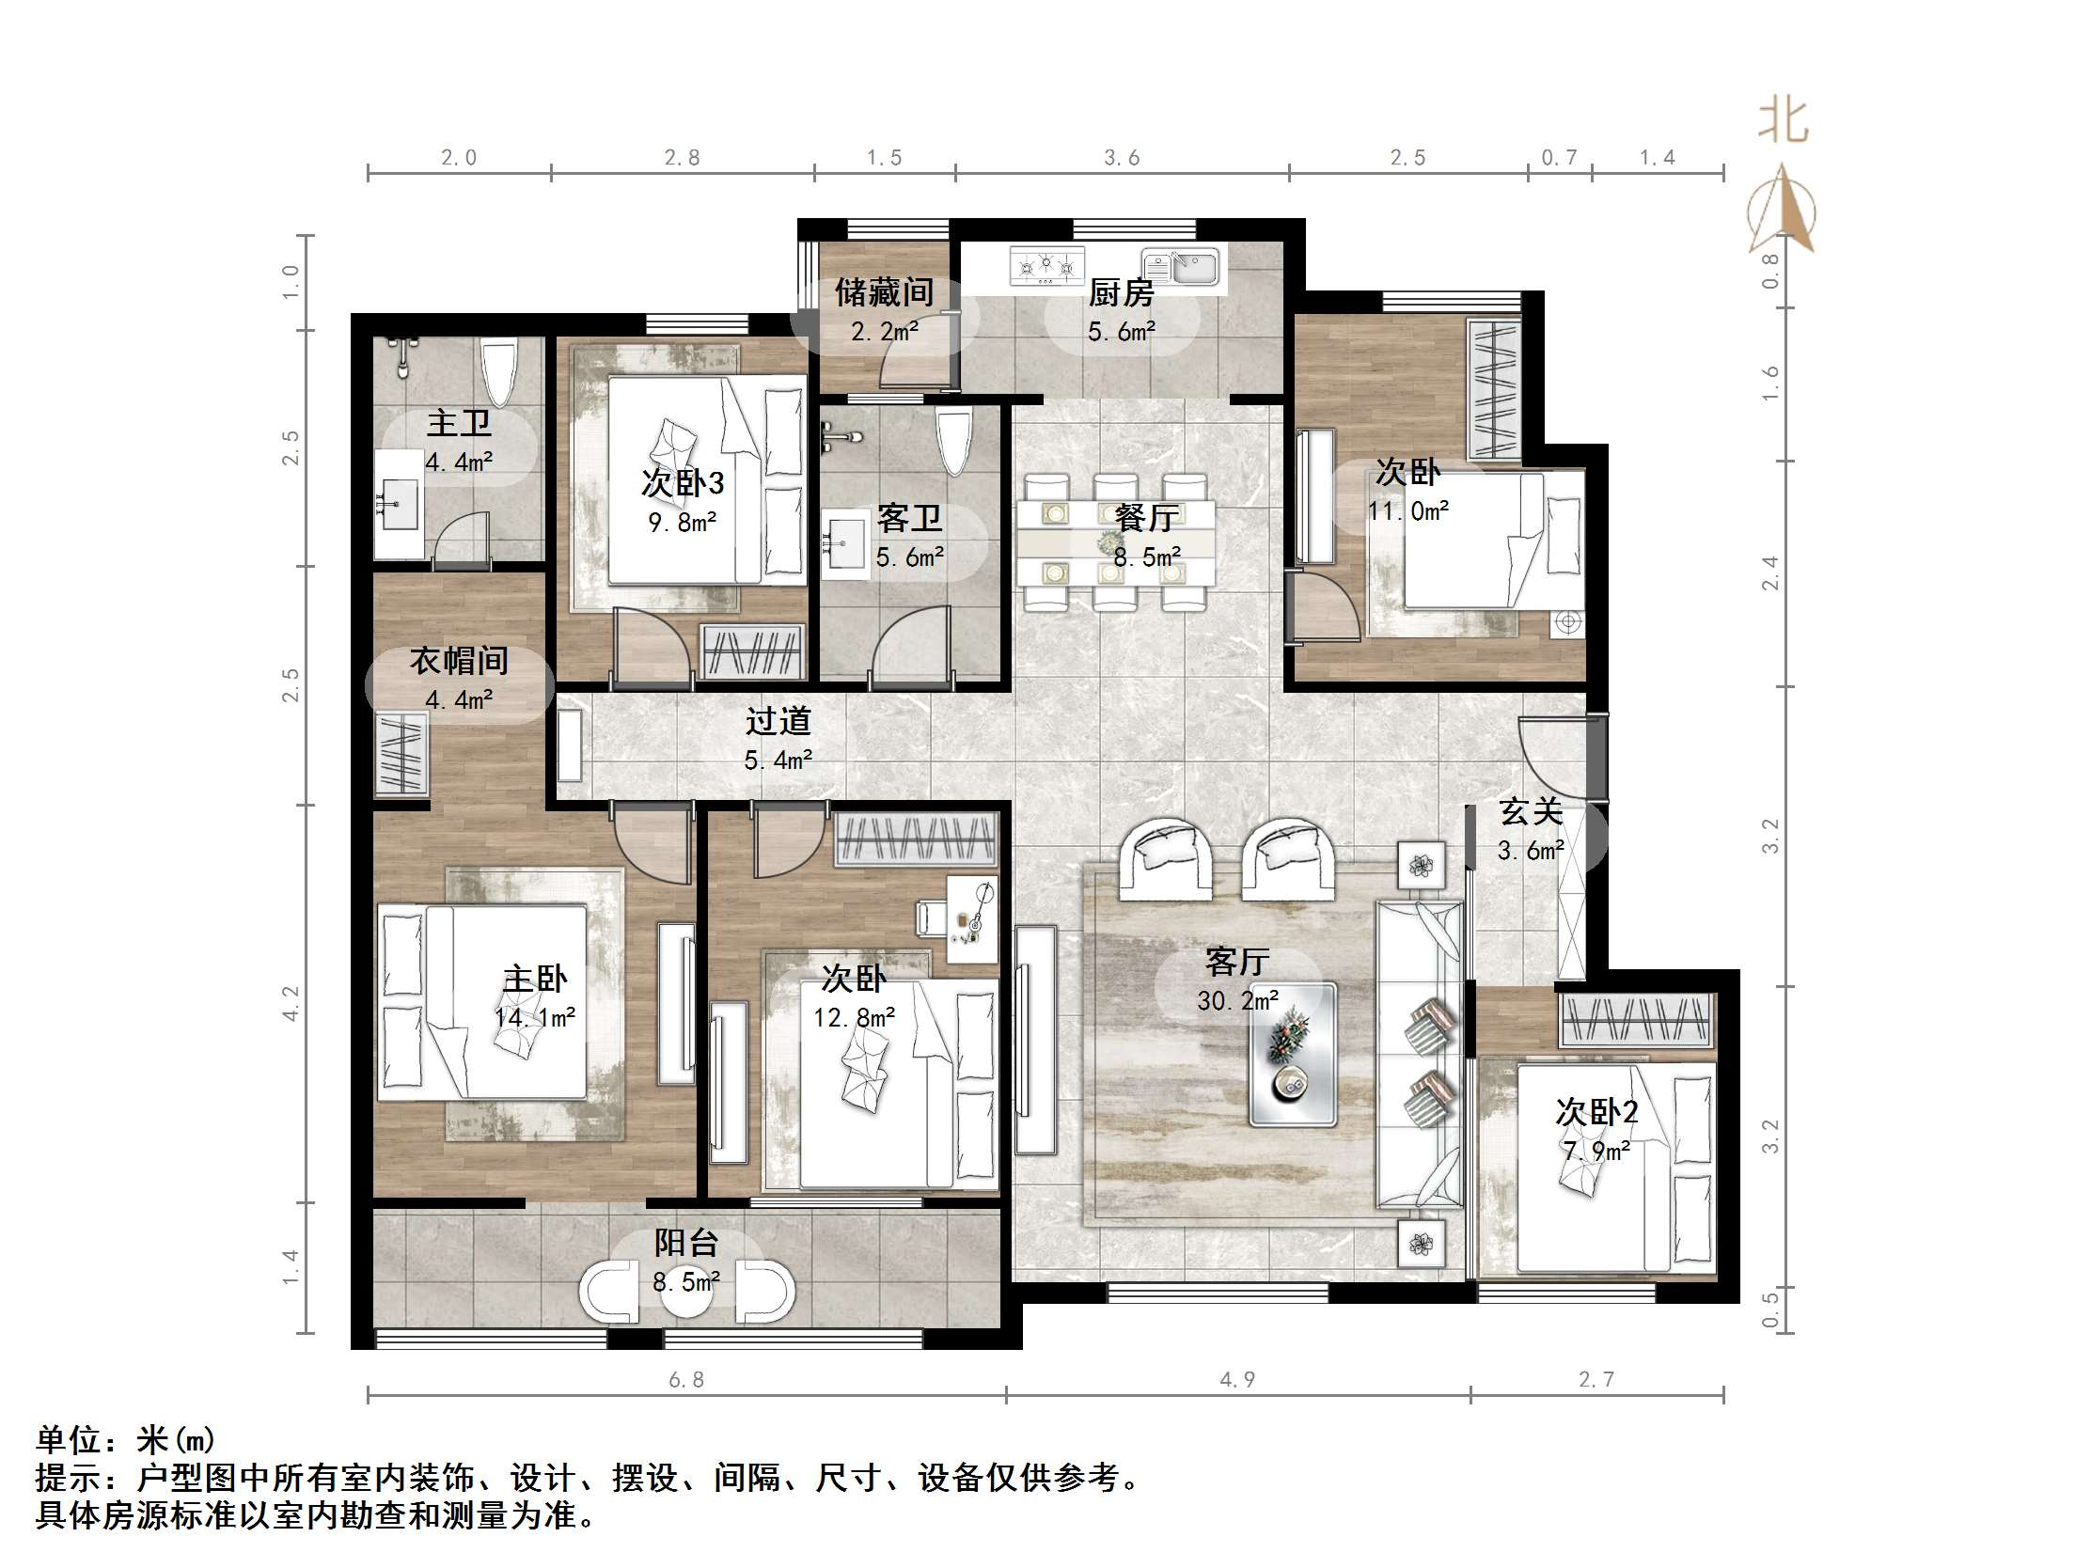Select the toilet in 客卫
(952, 442)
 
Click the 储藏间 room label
(884, 293)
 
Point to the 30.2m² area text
(1237, 1001)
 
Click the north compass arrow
(1782, 210)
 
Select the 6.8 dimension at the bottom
(686, 1380)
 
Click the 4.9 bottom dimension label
(1237, 1380)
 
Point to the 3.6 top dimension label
(1122, 158)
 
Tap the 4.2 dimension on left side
(291, 1003)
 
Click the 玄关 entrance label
(1530, 812)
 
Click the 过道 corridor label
(778, 722)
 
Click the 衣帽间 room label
(459, 661)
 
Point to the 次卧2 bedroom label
(1596, 1112)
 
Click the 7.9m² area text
(1596, 1152)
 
